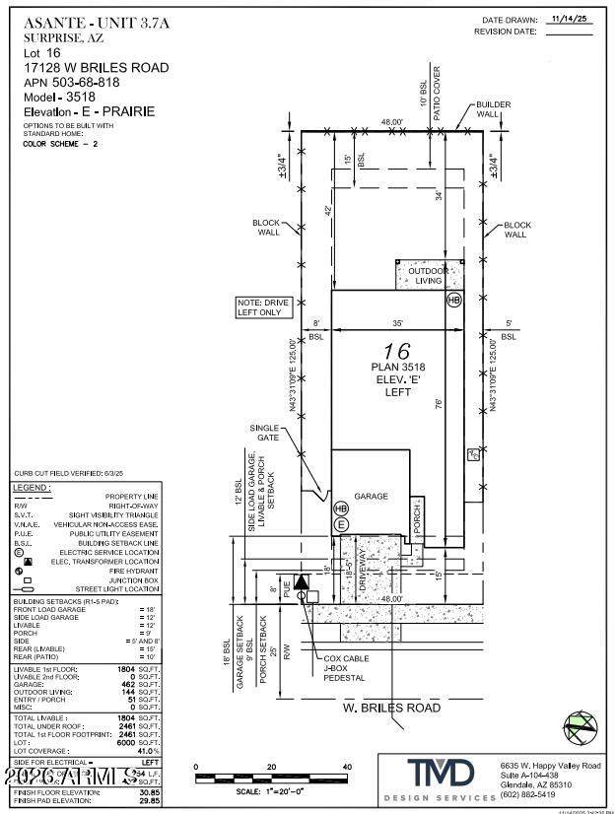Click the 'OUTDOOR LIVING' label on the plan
[x=428, y=275]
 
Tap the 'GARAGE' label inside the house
[x=372, y=497]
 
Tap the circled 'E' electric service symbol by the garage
[x=342, y=524]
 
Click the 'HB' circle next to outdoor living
[x=453, y=299]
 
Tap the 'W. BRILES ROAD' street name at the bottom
[x=390, y=708]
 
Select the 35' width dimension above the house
[x=394, y=322]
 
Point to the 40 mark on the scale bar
[x=346, y=767]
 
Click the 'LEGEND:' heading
[x=34, y=488]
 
